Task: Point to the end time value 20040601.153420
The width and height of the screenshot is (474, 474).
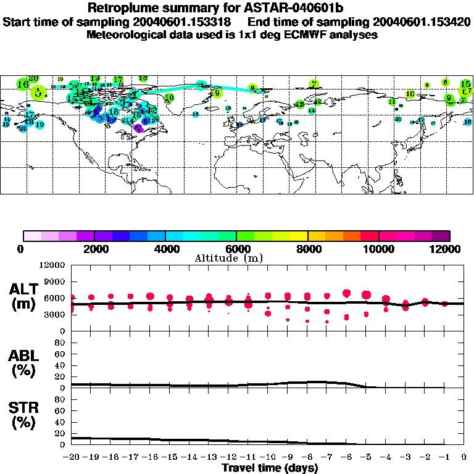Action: [429, 22]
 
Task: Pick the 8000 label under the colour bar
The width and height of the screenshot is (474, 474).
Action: [307, 249]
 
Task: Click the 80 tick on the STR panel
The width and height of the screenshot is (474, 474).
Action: [61, 399]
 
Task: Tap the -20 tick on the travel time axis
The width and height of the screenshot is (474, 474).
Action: [72, 457]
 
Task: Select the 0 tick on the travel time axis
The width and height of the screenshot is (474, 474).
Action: [464, 457]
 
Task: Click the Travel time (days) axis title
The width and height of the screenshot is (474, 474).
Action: [270, 468]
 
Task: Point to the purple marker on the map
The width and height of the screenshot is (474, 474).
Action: [138, 128]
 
